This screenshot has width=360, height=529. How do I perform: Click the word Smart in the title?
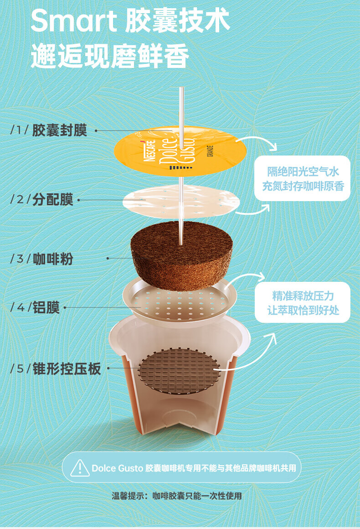[73, 21]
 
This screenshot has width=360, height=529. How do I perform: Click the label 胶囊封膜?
[60, 130]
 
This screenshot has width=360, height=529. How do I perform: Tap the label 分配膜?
[53, 199]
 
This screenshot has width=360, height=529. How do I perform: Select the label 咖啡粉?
[53, 259]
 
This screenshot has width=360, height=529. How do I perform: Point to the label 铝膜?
[46, 307]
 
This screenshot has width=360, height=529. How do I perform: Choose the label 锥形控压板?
[67, 368]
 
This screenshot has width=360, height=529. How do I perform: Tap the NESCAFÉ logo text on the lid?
[150, 150]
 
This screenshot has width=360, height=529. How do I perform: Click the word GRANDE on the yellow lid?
[210, 151]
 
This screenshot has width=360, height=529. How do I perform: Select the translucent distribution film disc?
[181, 202]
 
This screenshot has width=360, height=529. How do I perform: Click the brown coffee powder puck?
[181, 255]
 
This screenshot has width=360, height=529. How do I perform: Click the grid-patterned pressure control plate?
[179, 370]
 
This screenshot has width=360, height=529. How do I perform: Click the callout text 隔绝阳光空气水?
[303, 172]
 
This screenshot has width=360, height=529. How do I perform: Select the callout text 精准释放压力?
[303, 296]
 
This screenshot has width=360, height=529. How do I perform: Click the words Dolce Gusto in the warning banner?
[117, 468]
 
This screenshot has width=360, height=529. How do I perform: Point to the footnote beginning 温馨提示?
[177, 496]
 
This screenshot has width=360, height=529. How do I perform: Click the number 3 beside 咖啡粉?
[20, 259]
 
